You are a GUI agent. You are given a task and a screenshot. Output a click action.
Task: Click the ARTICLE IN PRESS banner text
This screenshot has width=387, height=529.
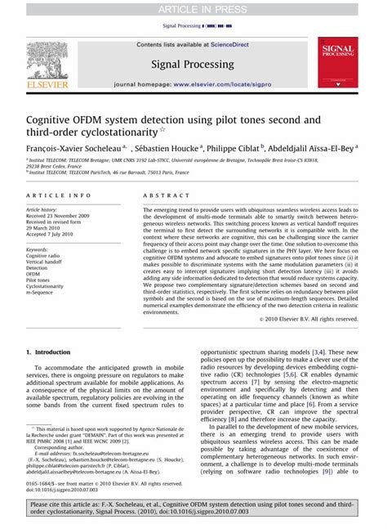(193, 8)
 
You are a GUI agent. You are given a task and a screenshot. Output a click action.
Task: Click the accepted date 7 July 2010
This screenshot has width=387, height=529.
(54, 234)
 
